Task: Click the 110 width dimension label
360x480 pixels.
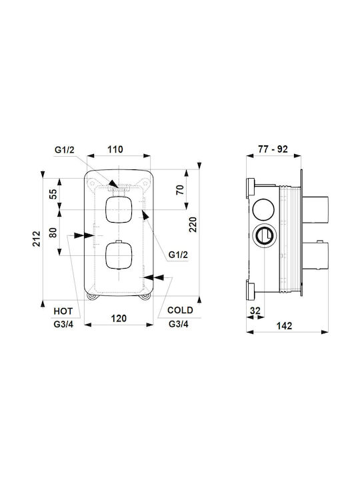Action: [115, 149]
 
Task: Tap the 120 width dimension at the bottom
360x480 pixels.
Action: [119, 319]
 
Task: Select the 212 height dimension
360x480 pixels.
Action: [37, 239]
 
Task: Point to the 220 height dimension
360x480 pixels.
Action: [193, 225]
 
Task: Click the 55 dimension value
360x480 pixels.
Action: [53, 194]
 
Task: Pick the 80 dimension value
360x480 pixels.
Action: [53, 233]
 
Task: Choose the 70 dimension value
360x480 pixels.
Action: [180, 190]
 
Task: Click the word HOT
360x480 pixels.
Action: [63, 311]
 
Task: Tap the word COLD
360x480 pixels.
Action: [180, 310]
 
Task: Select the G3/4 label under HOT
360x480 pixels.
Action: [63, 325]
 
